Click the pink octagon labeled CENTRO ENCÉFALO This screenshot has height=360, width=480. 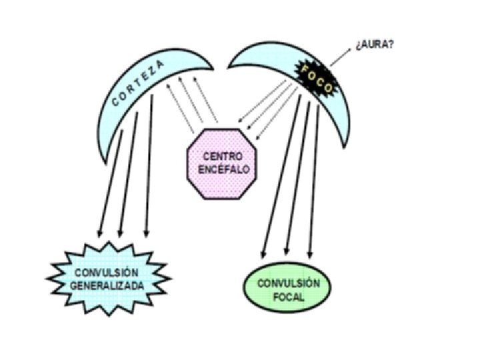pyautogui.click(x=219, y=163)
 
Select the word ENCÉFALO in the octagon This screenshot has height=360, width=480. pyautogui.click(x=219, y=169)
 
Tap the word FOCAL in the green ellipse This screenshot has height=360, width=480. pyautogui.click(x=288, y=296)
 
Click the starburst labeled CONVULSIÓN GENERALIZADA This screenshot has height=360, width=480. pyautogui.click(x=107, y=279)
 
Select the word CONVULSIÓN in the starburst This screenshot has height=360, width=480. pyautogui.click(x=107, y=272)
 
